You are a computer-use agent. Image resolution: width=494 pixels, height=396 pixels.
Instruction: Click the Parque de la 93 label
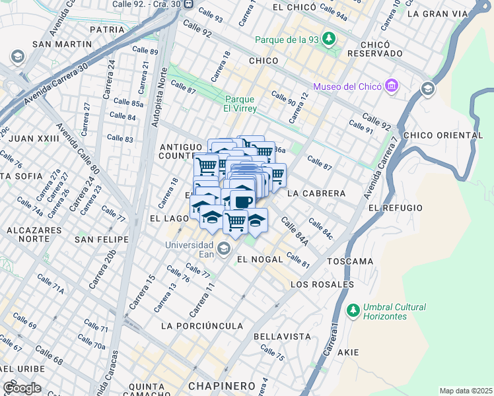pos(288,39)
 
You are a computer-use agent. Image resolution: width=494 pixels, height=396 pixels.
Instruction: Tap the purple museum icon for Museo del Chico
pos(392,86)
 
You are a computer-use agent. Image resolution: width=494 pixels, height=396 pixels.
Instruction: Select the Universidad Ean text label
pos(192,248)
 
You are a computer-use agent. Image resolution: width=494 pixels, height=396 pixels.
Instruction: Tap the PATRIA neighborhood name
pos(107,30)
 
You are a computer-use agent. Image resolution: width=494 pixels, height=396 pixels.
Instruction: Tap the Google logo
pos(21,388)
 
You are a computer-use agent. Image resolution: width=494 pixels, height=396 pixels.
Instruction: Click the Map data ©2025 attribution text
pos(466,391)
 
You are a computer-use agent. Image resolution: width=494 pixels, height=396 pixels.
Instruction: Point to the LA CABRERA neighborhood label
pos(317,193)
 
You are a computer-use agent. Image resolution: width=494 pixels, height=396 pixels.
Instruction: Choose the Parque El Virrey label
pos(239,104)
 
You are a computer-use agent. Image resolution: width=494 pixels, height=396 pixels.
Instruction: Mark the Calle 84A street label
pos(295,232)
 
